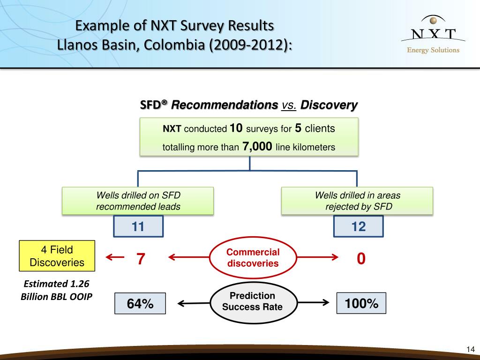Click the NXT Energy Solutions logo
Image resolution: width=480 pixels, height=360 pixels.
(x=433, y=35)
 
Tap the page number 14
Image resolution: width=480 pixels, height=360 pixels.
(x=471, y=349)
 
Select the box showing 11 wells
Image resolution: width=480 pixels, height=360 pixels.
(x=138, y=227)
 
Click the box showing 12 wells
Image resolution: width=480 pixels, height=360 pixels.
(x=358, y=227)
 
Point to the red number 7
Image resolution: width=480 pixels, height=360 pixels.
(x=140, y=258)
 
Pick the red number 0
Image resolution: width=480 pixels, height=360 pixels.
(x=360, y=258)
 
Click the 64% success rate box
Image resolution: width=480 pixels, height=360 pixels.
(x=140, y=304)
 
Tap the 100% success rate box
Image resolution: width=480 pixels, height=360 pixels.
(x=361, y=303)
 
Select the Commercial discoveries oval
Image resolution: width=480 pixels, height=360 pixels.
(x=253, y=258)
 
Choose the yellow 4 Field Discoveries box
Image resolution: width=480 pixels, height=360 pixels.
(x=57, y=256)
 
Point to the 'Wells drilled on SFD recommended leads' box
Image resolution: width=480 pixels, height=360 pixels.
(x=138, y=201)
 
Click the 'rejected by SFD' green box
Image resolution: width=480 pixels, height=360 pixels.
(x=357, y=201)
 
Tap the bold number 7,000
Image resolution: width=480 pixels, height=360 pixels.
(x=257, y=147)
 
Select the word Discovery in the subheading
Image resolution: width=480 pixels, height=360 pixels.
(x=329, y=105)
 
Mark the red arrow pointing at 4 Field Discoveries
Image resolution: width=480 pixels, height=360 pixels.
(x=115, y=257)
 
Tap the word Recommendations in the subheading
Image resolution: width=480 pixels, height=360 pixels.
(x=224, y=105)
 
